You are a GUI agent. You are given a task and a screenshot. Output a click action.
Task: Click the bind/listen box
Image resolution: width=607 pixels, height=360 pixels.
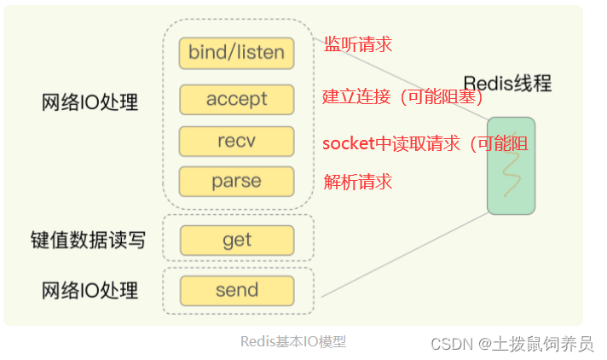[236, 53]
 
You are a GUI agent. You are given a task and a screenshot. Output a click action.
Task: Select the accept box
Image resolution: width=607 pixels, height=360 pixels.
[236, 100]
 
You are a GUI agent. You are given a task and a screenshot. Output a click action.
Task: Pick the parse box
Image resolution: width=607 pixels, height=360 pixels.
[236, 182]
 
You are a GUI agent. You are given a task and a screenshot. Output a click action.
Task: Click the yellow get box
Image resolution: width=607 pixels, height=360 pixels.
[236, 241]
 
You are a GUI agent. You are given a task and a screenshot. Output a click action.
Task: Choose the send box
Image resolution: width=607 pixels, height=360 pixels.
[236, 290]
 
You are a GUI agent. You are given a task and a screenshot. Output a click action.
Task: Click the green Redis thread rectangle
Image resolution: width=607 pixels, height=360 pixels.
[511, 165]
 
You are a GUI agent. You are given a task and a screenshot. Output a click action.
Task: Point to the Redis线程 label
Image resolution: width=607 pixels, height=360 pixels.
[507, 83]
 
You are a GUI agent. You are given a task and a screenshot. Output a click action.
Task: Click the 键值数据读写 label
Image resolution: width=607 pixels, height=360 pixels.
[88, 241]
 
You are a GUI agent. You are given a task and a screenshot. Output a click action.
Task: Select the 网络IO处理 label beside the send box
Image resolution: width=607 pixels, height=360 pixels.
[90, 291]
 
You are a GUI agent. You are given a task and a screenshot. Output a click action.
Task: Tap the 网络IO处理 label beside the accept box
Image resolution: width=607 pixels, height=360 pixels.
[90, 102]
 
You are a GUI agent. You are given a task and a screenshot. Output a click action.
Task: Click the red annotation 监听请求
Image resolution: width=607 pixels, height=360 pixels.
[358, 44]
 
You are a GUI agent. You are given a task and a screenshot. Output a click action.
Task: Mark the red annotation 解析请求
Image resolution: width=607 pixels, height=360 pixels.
[358, 182]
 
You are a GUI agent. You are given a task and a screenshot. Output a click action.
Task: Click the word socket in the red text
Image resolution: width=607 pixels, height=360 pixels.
[348, 143]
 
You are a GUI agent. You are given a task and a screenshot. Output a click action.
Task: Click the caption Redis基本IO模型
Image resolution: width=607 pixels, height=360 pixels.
[292, 341]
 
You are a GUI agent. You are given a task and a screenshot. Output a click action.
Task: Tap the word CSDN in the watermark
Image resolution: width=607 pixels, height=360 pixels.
[452, 343]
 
